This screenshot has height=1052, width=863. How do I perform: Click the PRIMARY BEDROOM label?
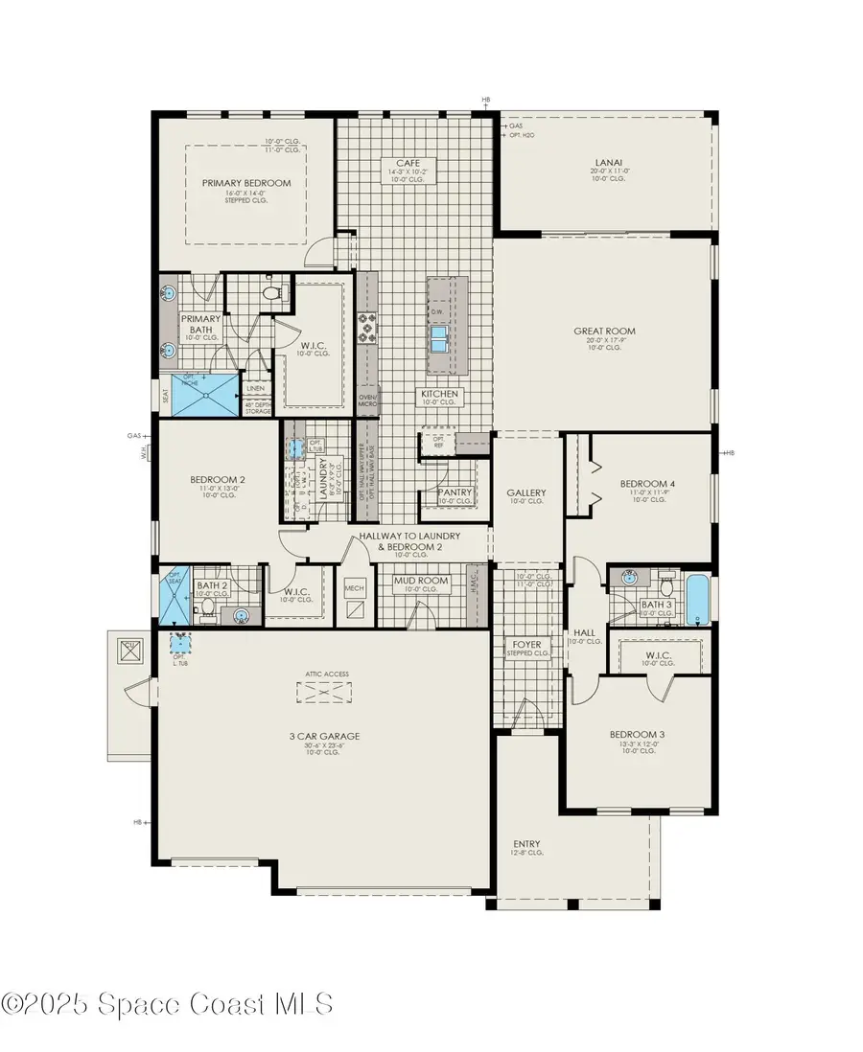[x=246, y=183]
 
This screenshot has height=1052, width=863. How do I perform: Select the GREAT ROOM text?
[x=604, y=332]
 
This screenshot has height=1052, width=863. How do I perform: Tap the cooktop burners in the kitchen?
[x=367, y=328]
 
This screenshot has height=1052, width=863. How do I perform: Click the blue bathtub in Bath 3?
[x=697, y=598]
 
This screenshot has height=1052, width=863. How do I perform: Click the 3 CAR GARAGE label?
[x=325, y=736]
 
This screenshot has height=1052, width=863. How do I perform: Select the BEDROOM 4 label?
[x=647, y=484]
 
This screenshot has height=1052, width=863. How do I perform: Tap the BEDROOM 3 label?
[x=638, y=736]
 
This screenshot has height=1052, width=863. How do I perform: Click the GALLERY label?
[x=525, y=492]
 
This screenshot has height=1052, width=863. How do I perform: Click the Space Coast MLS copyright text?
[x=169, y=1003]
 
